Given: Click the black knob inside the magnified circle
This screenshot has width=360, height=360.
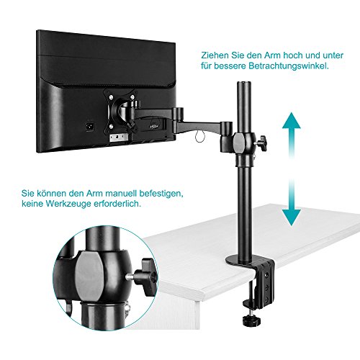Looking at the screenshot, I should (x=150, y=278).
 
